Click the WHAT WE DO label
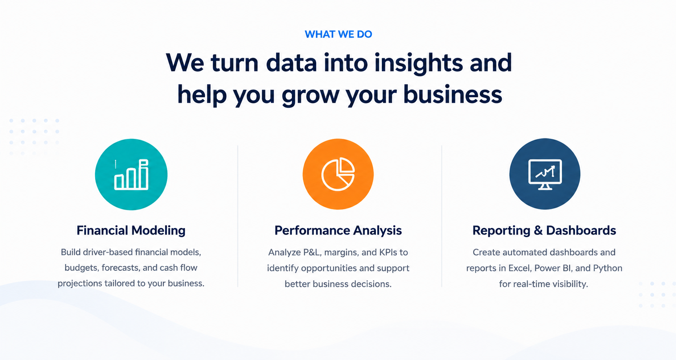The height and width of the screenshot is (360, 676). pos(338,34)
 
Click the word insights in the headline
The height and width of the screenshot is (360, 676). pos(418,63)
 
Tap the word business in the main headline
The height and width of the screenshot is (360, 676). pos(453,94)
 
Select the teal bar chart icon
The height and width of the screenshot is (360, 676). pos(131,174)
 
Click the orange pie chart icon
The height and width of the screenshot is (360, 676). pos(338,174)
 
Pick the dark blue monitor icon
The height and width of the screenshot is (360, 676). pos(545,174)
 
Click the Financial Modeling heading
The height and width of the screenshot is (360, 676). pos(131,230)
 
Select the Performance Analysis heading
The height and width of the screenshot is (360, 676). pos(338,230)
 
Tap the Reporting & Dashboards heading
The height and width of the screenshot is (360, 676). pos(544,230)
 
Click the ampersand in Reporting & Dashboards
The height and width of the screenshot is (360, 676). pos(538,231)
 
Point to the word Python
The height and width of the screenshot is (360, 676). pos(608,268)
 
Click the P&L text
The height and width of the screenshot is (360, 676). pos(312,252)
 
